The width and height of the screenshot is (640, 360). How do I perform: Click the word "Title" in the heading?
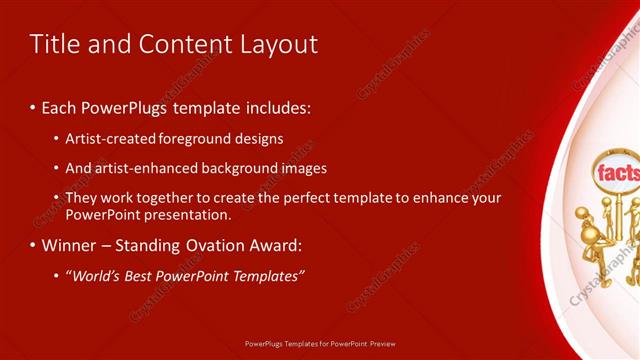53,44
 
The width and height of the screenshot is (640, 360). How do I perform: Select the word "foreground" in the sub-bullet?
200,139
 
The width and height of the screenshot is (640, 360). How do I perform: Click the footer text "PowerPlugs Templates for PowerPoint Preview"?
320,343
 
